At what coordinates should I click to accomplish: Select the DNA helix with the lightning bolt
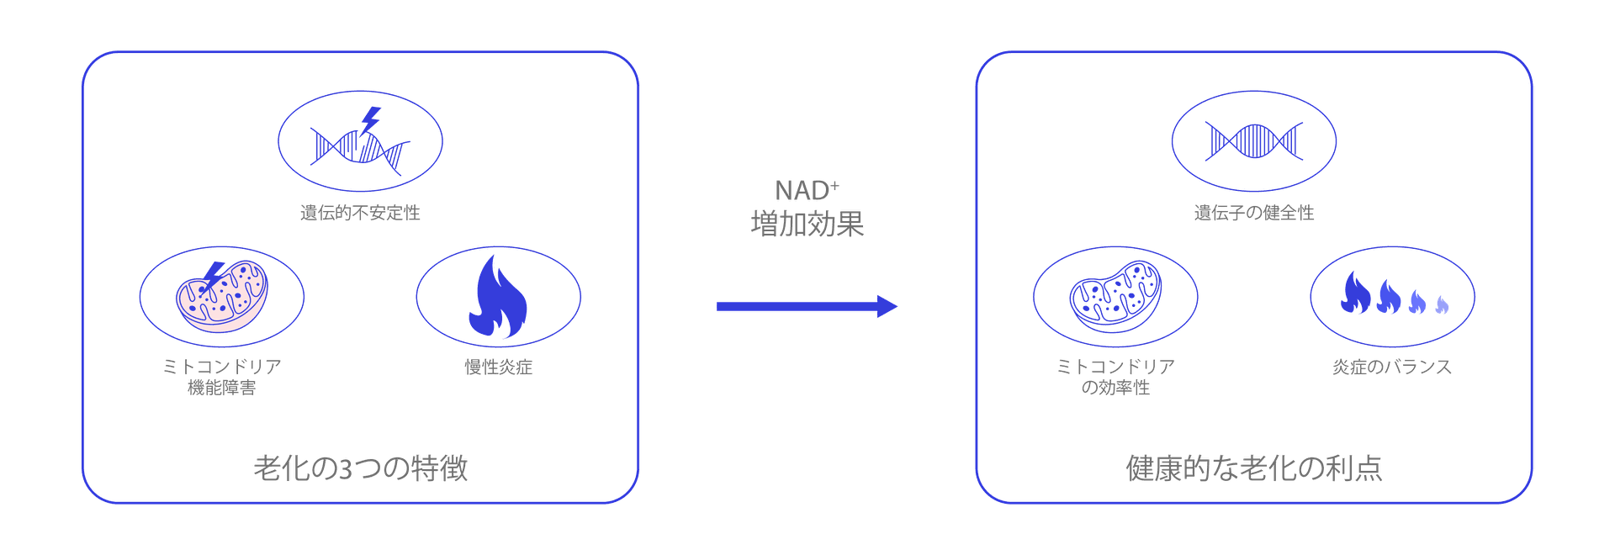click(x=360, y=142)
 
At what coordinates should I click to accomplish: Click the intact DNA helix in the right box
click(x=1253, y=140)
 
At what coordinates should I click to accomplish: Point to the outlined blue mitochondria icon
click(x=1115, y=296)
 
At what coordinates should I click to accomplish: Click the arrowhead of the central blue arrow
click(x=887, y=307)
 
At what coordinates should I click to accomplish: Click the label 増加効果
click(x=807, y=224)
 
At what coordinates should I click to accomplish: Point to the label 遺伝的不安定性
click(x=360, y=214)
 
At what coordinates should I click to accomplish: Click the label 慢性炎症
click(x=498, y=367)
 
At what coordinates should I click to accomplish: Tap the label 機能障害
click(x=221, y=388)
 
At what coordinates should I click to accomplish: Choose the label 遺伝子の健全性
click(x=1253, y=214)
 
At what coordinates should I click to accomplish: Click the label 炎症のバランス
click(x=1391, y=367)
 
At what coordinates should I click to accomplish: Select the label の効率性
click(x=1115, y=388)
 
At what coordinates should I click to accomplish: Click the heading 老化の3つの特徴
click(x=360, y=468)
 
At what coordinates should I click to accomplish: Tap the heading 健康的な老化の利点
click(x=1253, y=468)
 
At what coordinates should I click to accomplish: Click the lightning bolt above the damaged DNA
click(x=371, y=119)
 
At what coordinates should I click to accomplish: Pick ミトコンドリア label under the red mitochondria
click(x=221, y=367)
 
